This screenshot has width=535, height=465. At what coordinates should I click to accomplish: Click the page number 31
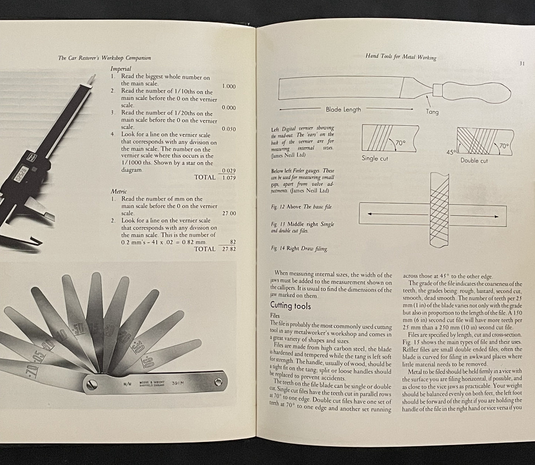(522, 63)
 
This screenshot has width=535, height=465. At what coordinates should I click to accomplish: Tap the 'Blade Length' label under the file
(343, 109)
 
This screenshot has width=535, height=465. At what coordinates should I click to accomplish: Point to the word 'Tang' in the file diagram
(432, 112)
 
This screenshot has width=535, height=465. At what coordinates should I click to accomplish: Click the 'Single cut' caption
(374, 158)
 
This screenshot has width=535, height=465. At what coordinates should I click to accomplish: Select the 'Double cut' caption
(474, 160)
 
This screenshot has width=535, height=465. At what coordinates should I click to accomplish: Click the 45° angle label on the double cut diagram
(451, 152)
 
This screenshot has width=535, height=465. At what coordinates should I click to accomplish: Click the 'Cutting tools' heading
(291, 306)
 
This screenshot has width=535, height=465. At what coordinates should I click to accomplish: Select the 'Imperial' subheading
(121, 69)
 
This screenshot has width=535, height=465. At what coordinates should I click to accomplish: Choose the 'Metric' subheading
(119, 191)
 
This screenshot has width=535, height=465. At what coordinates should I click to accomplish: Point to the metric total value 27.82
(228, 249)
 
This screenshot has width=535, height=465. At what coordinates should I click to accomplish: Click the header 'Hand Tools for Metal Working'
(401, 57)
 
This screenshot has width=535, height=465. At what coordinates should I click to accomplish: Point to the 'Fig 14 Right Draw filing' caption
(299, 249)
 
